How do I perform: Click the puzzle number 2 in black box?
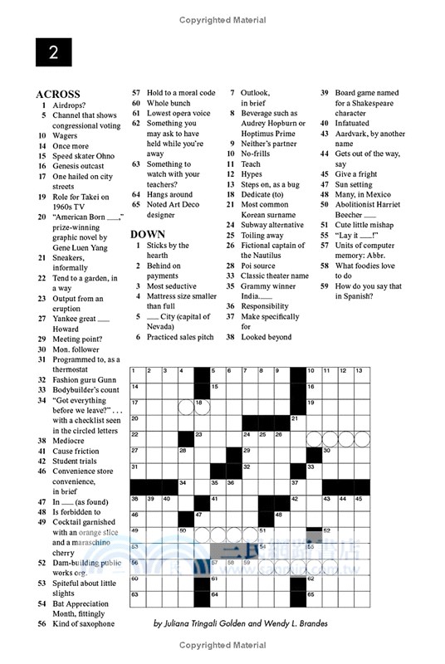point(53,52)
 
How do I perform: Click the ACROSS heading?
point(58,94)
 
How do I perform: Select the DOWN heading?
point(148,234)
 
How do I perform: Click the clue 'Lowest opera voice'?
point(178,113)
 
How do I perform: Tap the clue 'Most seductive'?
point(172,286)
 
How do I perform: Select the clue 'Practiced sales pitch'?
point(180,337)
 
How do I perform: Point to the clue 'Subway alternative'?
point(272,225)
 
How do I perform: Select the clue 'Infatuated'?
point(353,123)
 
